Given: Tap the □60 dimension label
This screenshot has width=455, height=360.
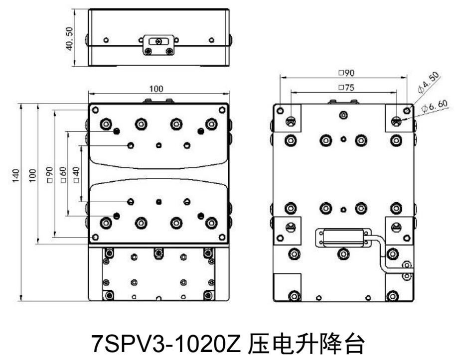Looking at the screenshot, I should tap(64, 175).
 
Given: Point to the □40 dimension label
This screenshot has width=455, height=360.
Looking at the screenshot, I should tap(76, 175).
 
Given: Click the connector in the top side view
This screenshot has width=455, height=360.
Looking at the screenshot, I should tap(158, 45).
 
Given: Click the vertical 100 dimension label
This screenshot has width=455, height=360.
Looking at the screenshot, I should tap(32, 175).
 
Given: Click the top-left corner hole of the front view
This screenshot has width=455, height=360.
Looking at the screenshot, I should tap(95, 110).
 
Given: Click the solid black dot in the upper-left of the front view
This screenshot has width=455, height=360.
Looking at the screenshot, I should tap(117, 131).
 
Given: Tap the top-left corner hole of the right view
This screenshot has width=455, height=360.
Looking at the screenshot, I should tap(281, 110).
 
